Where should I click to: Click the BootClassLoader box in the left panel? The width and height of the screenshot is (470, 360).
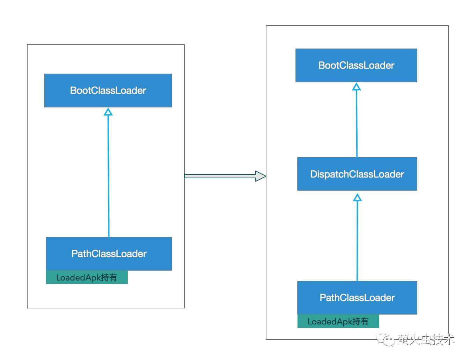(108, 90)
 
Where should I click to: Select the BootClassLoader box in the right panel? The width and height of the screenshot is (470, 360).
(356, 65)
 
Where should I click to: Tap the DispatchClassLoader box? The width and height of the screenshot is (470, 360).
(357, 174)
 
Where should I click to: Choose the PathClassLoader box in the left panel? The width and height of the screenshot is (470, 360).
(109, 254)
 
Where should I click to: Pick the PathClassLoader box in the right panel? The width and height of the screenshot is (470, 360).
(357, 298)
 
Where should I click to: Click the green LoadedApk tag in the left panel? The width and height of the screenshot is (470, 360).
(87, 277)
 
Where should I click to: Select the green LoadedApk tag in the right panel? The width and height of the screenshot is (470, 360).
(338, 321)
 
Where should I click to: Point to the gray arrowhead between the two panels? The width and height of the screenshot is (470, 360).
(260, 176)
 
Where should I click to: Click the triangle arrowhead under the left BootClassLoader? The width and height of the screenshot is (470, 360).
(108, 112)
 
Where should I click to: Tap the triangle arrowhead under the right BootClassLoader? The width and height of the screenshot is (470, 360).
(357, 87)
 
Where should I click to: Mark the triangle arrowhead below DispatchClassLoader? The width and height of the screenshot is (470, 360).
(357, 197)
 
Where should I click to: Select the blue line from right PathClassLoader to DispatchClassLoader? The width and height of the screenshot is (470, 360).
(357, 241)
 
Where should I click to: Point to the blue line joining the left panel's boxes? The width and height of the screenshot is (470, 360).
(108, 176)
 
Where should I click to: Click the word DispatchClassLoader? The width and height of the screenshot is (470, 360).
(357, 174)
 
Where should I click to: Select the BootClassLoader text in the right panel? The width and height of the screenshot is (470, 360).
(356, 65)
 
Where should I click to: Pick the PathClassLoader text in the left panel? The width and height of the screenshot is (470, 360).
(109, 254)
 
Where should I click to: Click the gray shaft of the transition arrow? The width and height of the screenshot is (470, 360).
(220, 176)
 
